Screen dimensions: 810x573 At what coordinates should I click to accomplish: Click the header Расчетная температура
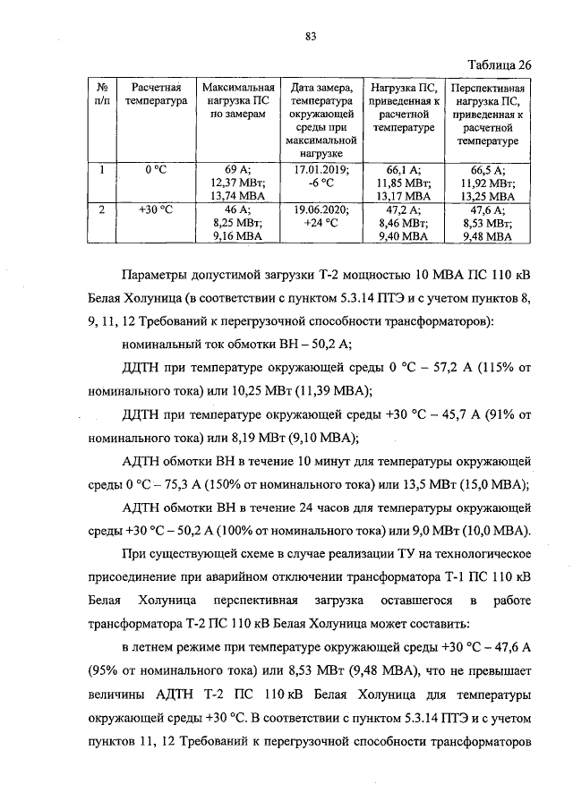click(158, 95)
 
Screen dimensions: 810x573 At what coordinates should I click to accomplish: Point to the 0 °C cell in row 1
click(158, 168)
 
